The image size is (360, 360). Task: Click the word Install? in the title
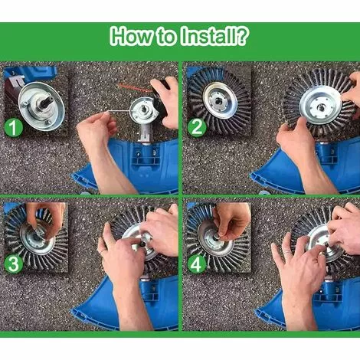pos(214,36)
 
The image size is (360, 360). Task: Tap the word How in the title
pos(131,36)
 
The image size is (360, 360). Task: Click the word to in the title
pos(165,38)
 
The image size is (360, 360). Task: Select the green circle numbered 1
pos(14,128)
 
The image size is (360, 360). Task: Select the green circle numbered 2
pos(197,127)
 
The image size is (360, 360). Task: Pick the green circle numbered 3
pos(14,264)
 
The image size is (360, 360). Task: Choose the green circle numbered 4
pos(197,264)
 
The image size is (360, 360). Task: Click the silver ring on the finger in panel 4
pos(286,253)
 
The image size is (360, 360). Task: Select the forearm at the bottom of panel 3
pos(132,306)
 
